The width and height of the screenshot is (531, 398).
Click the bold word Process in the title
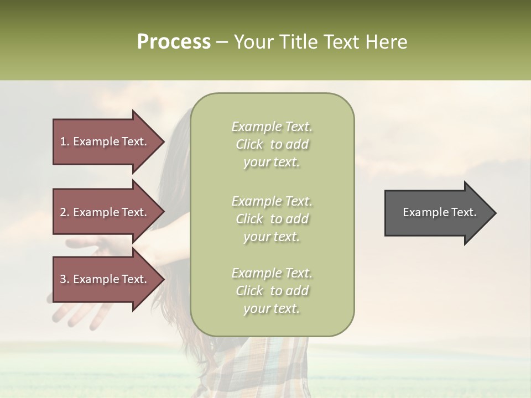pyautogui.click(x=174, y=42)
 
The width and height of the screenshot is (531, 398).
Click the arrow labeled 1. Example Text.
pyautogui.click(x=105, y=142)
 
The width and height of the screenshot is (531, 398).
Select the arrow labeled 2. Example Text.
pyautogui.click(x=105, y=212)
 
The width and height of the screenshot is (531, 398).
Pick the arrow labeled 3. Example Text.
pyautogui.click(x=105, y=279)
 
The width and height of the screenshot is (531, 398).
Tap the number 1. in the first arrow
pyautogui.click(x=65, y=142)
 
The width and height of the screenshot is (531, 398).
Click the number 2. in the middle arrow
pyautogui.click(x=65, y=212)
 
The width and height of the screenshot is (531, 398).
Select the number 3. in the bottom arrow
pyautogui.click(x=65, y=279)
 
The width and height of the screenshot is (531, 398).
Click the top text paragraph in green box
pyautogui.click(x=272, y=144)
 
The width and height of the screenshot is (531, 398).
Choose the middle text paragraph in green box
pyautogui.click(x=272, y=219)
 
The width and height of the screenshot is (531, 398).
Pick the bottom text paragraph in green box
pyautogui.click(x=272, y=291)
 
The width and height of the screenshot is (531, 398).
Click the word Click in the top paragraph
pyautogui.click(x=249, y=144)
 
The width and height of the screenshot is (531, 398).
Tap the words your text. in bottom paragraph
pyautogui.click(x=272, y=308)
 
